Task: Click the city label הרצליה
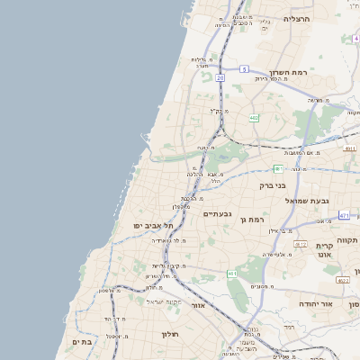(296, 19)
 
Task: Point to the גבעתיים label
(218, 213)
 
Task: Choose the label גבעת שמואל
(306, 201)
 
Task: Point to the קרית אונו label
(324, 250)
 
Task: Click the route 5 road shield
(244, 69)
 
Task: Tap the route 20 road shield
(220, 78)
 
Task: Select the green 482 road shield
(254, 117)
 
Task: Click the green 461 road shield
(232, 274)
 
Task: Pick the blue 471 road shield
(345, 215)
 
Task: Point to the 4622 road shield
(344, 280)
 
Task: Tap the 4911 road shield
(351, 148)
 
